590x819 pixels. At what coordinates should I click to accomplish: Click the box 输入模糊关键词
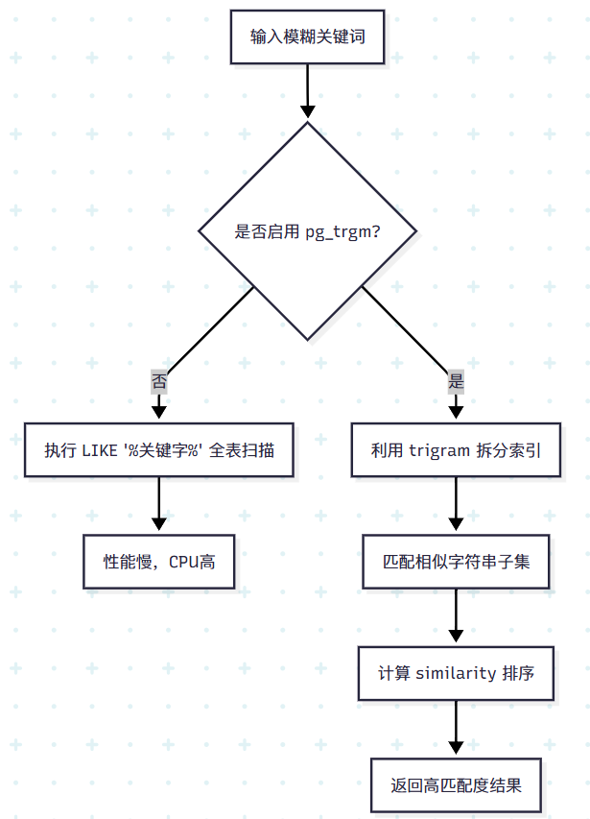pos(307,37)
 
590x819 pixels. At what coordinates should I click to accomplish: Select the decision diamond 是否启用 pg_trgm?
pos(307,231)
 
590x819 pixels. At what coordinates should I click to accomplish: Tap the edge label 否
pos(159,381)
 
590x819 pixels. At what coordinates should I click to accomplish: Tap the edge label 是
pos(456,381)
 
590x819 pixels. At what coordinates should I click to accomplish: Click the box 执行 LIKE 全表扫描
pos(159,450)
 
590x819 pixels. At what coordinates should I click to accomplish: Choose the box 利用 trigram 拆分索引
pos(456,450)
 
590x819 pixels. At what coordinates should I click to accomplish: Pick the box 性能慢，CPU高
pos(159,562)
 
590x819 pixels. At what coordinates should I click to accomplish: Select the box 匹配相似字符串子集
pos(456,562)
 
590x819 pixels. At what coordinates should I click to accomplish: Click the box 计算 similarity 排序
pos(456,673)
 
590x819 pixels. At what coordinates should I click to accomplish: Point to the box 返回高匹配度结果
pos(456,784)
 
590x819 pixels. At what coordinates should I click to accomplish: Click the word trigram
pos(439,450)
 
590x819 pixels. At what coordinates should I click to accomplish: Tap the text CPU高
pos(192,562)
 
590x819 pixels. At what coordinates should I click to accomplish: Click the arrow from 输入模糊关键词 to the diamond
pos(307,91)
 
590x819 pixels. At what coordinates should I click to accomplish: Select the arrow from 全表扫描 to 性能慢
pos(159,504)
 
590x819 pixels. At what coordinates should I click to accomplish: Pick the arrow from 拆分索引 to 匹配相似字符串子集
pos(456,504)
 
